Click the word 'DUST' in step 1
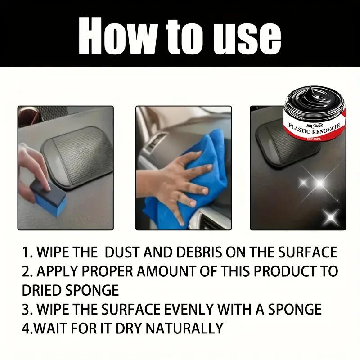[x=120, y=252]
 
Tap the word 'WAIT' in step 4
[x=54, y=328]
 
